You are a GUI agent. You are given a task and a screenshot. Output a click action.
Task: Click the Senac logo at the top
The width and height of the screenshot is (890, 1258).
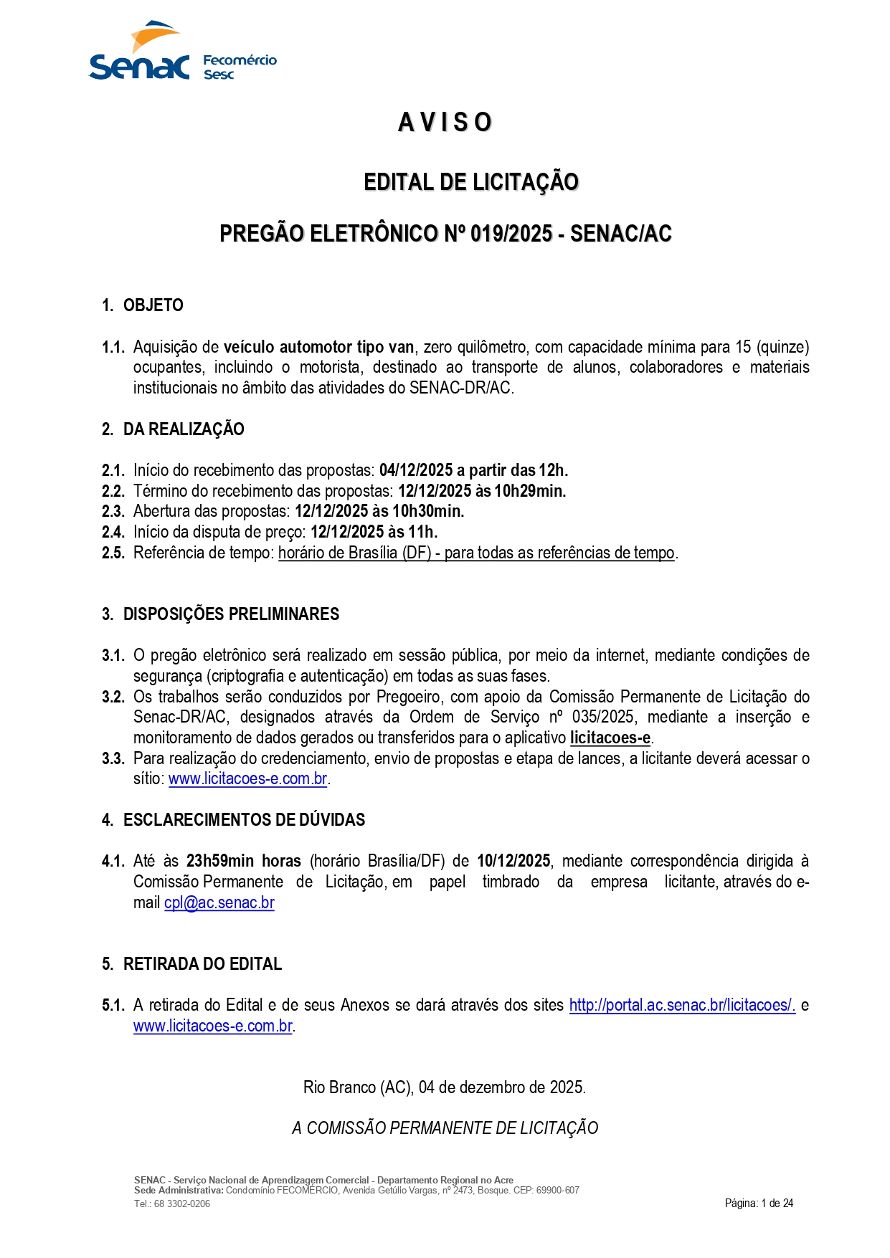click(x=139, y=54)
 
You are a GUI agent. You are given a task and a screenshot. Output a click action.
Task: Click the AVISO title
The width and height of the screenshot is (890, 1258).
click(x=445, y=123)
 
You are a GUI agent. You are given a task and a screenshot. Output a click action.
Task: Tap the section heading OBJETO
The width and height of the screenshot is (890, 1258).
click(x=153, y=305)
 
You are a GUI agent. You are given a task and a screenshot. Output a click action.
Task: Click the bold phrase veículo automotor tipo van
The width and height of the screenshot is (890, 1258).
click(x=318, y=348)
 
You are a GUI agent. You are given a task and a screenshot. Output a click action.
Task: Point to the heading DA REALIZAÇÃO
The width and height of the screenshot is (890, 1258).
click(x=184, y=429)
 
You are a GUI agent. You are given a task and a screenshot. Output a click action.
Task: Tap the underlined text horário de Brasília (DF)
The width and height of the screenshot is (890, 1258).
click(x=354, y=553)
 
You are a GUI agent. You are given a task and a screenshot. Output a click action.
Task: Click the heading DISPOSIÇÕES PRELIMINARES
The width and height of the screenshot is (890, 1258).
click(x=231, y=614)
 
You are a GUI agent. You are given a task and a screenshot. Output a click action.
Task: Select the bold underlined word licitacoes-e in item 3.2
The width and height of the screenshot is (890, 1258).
click(x=610, y=738)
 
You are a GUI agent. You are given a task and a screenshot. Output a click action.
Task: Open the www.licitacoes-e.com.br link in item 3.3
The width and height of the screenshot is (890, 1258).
click(x=248, y=779)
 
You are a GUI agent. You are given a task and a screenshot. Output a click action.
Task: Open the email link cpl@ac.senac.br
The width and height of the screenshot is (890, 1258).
click(x=219, y=903)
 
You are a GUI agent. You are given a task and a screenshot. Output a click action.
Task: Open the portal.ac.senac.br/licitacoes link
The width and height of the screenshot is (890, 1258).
click(x=682, y=1006)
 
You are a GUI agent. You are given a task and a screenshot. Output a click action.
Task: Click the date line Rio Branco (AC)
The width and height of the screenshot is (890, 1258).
click(x=445, y=1087)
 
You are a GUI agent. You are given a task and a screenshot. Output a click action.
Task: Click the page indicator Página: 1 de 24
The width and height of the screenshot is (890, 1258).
click(x=759, y=1204)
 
